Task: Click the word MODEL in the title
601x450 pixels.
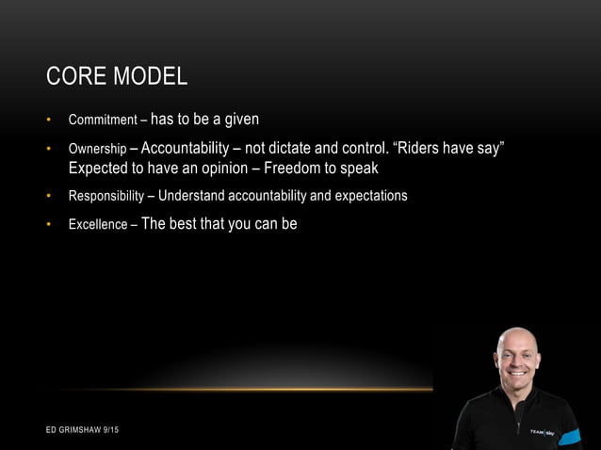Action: [x=150, y=76]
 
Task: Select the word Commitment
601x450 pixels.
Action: [x=98, y=121]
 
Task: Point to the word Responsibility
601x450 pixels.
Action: [x=105, y=197]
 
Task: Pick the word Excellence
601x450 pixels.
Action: [x=96, y=226]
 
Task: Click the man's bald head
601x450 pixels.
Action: [x=517, y=338]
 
